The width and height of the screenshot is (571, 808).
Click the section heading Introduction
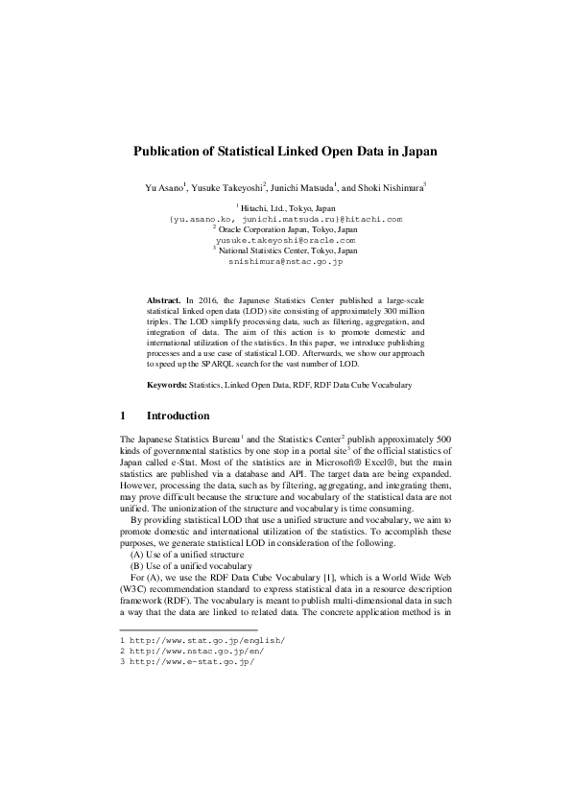(178, 416)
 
